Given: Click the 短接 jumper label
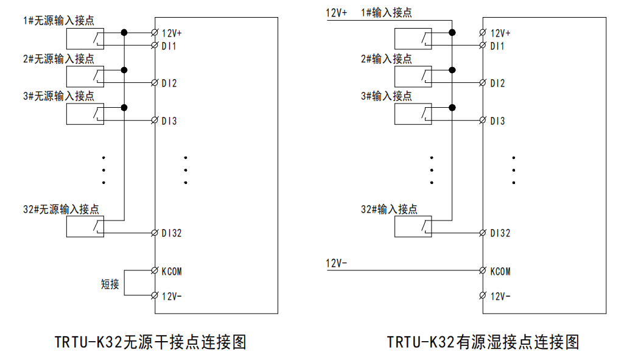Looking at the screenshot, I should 110,284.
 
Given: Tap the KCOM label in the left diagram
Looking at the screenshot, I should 172,271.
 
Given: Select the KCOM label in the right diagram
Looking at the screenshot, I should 500,271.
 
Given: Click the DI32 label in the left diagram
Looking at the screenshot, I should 172,233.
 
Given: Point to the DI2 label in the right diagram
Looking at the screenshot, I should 497,83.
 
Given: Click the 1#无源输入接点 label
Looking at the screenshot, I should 58,21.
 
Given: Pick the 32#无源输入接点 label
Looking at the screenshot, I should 61,210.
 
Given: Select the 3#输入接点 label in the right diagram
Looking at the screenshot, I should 386,96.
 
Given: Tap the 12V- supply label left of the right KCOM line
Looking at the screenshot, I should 337,264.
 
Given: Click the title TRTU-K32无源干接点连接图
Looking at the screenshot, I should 150,342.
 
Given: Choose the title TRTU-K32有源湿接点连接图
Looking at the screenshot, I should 483,342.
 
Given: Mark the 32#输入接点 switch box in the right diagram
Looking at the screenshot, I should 413,227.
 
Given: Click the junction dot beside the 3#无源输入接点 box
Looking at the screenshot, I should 124,108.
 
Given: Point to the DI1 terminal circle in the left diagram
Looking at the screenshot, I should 155,46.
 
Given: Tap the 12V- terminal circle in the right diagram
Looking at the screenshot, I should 483,296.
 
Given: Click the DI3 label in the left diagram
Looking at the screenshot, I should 169,121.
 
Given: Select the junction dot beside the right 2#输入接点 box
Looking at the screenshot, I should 452,71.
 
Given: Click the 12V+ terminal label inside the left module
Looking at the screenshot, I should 172,34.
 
